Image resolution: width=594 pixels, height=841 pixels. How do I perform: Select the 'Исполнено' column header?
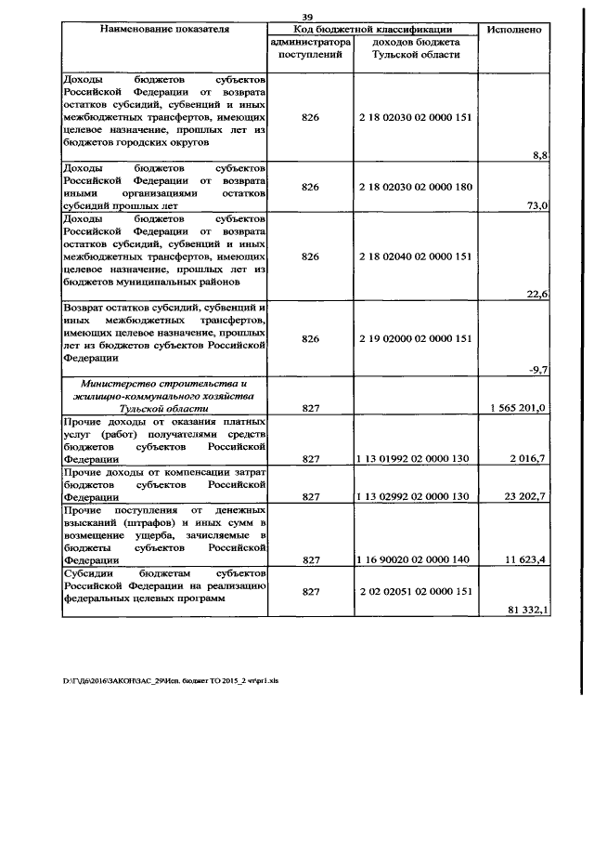(514, 30)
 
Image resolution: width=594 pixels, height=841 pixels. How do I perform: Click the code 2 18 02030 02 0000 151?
(415, 118)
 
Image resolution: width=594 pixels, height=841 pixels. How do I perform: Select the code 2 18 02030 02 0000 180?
(415, 187)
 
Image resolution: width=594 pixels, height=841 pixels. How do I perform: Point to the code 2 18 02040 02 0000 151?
(415, 256)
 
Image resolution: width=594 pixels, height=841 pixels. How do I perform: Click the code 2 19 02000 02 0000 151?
(415, 339)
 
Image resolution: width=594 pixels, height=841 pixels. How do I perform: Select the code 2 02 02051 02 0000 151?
(415, 590)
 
